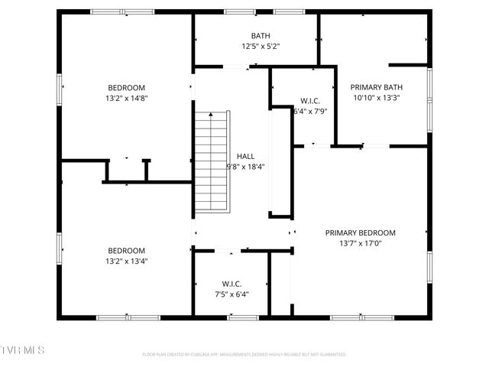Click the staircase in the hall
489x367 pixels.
click(212, 161)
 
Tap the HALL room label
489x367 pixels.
click(245, 156)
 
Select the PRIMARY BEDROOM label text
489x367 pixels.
click(360, 233)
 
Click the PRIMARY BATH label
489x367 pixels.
click(376, 87)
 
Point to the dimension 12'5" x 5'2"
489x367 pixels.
click(261, 47)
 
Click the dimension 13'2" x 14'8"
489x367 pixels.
click(126, 98)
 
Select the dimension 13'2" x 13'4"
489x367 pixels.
click(126, 261)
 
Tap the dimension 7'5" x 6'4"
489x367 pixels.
click(232, 294)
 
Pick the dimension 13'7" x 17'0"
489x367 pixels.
click(360, 244)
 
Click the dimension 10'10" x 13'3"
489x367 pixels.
click(376, 98)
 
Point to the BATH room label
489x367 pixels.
click(261, 36)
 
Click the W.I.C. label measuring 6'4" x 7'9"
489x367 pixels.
click(309, 101)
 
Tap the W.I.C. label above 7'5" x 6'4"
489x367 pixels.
click(232, 284)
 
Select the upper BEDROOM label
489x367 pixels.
click(126, 88)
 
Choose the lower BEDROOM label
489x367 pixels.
click(126, 251)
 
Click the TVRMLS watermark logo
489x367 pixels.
click(23, 350)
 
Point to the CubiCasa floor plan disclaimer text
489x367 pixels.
click(244, 354)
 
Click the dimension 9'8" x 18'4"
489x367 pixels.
click(245, 167)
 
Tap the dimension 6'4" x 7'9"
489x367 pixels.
click(309, 112)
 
